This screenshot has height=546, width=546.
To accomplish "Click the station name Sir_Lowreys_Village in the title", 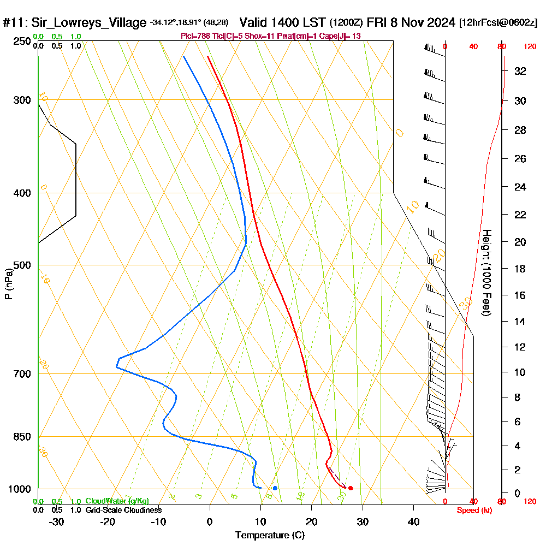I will pos(88,23).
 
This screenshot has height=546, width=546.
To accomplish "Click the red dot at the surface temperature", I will pos(351,488).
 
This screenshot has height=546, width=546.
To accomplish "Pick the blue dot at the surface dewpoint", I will pos(275,488).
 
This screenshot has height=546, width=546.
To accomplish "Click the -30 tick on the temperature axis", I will pos(56,521).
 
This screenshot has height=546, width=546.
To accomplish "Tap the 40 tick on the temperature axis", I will pos(414,521).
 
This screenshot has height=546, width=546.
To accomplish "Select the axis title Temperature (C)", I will pos(270,536).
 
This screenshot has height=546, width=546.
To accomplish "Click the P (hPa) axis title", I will pos(8,283).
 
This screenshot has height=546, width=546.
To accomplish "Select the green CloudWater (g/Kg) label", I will pos(117,501).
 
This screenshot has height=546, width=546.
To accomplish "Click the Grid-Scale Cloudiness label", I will pos(123,510).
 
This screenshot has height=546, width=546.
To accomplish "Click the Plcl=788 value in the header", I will pos(197,35).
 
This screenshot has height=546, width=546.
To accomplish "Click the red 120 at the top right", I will pos(529,47).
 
